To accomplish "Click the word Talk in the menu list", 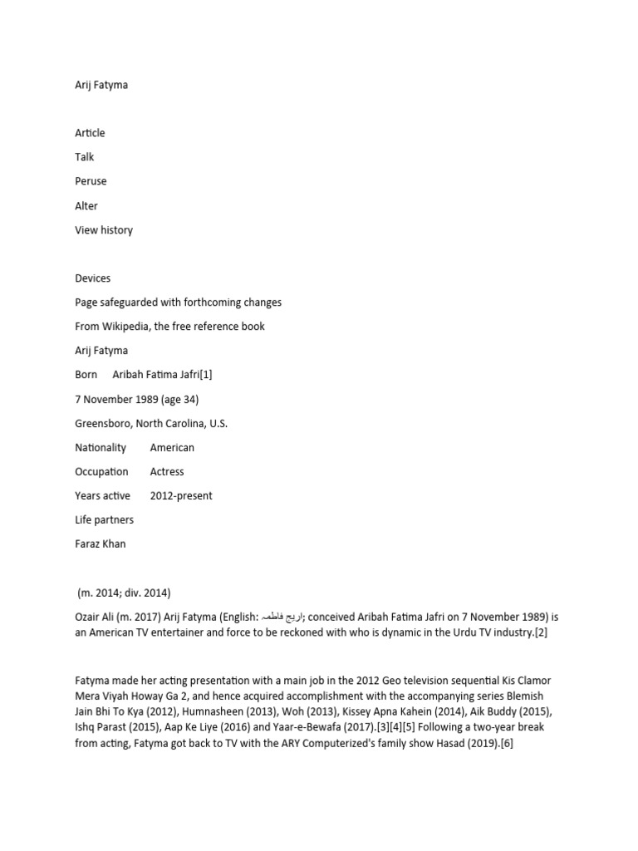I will (85, 157).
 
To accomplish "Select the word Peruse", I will (91, 181).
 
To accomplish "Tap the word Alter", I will (86, 205).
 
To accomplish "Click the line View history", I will (104, 230).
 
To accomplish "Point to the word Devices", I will (93, 278).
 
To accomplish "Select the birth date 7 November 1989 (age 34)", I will (137, 399).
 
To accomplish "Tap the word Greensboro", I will (105, 423).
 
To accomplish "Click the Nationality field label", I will (101, 447).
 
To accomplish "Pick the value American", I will (172, 447).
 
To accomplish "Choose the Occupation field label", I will (101, 471).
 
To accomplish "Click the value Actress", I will (167, 471).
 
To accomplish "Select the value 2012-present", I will (181, 495).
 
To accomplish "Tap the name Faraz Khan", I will (101, 544).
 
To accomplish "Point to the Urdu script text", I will (282, 617).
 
